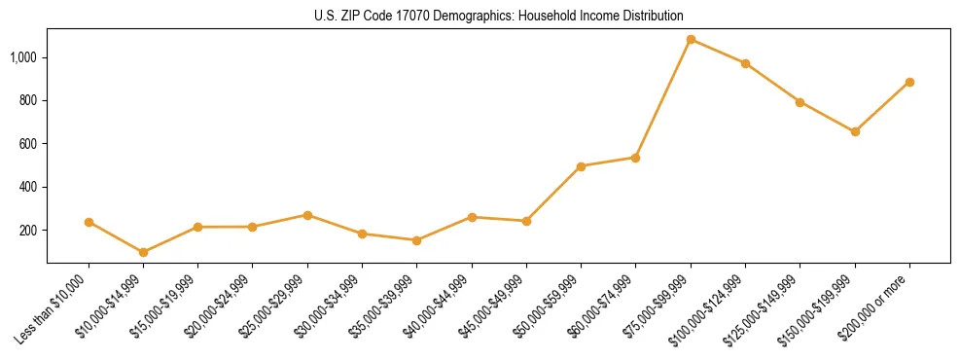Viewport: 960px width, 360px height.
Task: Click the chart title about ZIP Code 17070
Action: tap(499, 17)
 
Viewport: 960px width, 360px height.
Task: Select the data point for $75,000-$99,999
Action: tap(691, 40)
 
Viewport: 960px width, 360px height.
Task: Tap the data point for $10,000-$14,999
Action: tap(144, 252)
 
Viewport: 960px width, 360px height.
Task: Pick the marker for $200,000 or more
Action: tap(909, 83)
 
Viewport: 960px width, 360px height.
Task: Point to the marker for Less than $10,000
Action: tap(89, 222)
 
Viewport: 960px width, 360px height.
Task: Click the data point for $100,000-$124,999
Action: tap(745, 64)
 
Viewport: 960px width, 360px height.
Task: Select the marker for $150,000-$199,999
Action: tap(855, 131)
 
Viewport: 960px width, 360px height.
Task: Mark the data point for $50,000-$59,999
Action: tap(581, 166)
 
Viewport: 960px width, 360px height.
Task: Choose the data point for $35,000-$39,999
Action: tap(417, 240)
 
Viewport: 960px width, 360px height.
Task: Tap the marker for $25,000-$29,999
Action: tap(307, 215)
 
